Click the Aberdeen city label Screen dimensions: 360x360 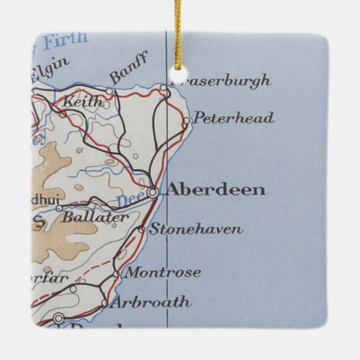point(215,190)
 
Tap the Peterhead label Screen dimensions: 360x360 point(233,119)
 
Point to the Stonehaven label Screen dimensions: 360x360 point(196,230)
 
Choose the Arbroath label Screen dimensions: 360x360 point(150,302)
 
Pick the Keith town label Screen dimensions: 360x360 point(83,103)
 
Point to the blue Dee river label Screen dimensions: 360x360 point(126,200)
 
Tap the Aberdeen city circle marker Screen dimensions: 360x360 point(153,192)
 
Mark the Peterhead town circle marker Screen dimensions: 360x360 point(186,122)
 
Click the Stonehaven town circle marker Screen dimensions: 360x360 point(141,230)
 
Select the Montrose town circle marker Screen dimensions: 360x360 point(116,274)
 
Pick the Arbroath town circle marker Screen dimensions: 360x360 point(104,304)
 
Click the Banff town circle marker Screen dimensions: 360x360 point(109,90)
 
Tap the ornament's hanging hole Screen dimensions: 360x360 point(180,75)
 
